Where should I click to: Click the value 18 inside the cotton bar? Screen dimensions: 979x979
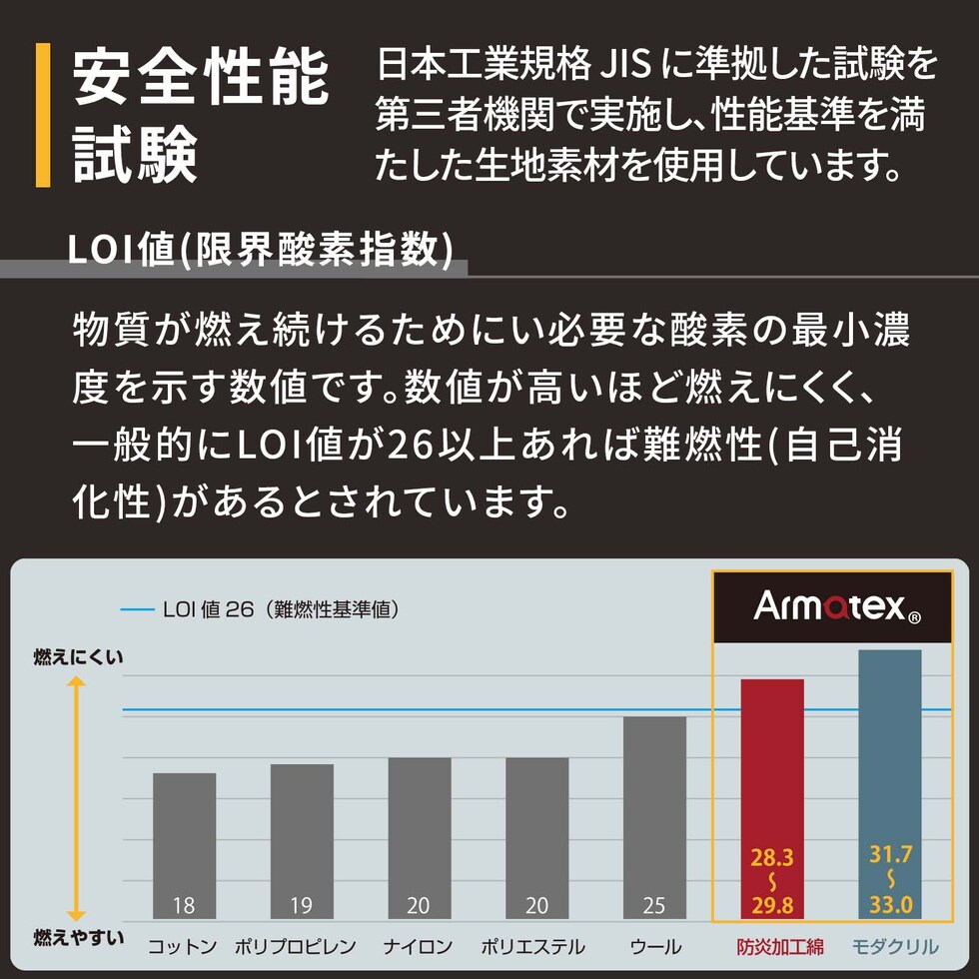184,906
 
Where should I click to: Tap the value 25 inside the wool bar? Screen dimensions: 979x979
654,906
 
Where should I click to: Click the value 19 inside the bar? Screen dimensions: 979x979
302,906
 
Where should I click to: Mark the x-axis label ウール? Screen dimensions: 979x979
655,947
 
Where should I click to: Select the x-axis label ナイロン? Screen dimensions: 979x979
419,947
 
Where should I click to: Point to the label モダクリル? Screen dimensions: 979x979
895,947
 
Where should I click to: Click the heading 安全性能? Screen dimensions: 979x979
201,79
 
